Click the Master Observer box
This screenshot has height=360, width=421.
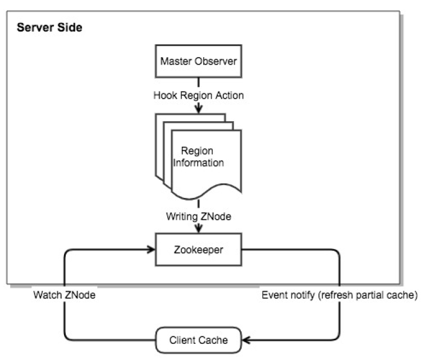pyautogui.click(x=199, y=61)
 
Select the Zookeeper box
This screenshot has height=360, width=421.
pyautogui.click(x=199, y=250)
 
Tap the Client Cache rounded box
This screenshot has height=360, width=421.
pyautogui.click(x=199, y=340)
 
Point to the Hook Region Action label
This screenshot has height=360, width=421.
pyautogui.click(x=199, y=95)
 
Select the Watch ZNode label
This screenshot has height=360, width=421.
pyautogui.click(x=63, y=295)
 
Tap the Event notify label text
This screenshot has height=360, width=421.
pyautogui.click(x=339, y=295)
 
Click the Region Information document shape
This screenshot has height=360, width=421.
pyautogui.click(x=202, y=160)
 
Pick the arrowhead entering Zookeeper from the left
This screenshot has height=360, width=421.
pyautogui.click(x=151, y=250)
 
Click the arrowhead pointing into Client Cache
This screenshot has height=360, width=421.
pyautogui.click(x=246, y=340)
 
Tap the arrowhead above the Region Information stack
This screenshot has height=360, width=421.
pyautogui.click(x=199, y=110)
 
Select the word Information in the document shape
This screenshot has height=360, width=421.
pyautogui.click(x=199, y=163)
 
